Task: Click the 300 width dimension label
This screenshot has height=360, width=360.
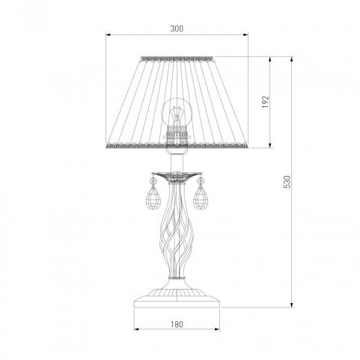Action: pos(177,28)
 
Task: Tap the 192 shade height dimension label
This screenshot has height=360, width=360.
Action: pos(266,102)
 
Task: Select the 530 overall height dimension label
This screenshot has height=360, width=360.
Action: pos(287,182)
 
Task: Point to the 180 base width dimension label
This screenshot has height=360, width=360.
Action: pos(177,324)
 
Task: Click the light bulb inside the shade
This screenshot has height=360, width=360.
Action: pos(177,112)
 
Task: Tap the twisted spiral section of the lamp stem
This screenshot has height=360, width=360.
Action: pos(177,231)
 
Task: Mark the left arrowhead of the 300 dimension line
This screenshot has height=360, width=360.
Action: pos(108,34)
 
